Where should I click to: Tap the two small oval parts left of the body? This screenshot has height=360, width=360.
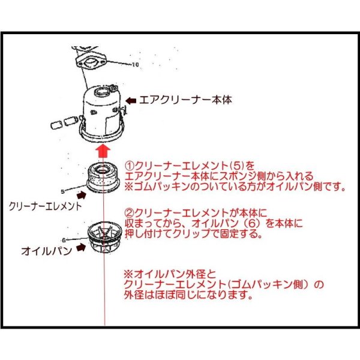(57, 124)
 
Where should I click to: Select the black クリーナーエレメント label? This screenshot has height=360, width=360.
(45, 206)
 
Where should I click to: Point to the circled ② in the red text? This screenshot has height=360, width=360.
(128, 212)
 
